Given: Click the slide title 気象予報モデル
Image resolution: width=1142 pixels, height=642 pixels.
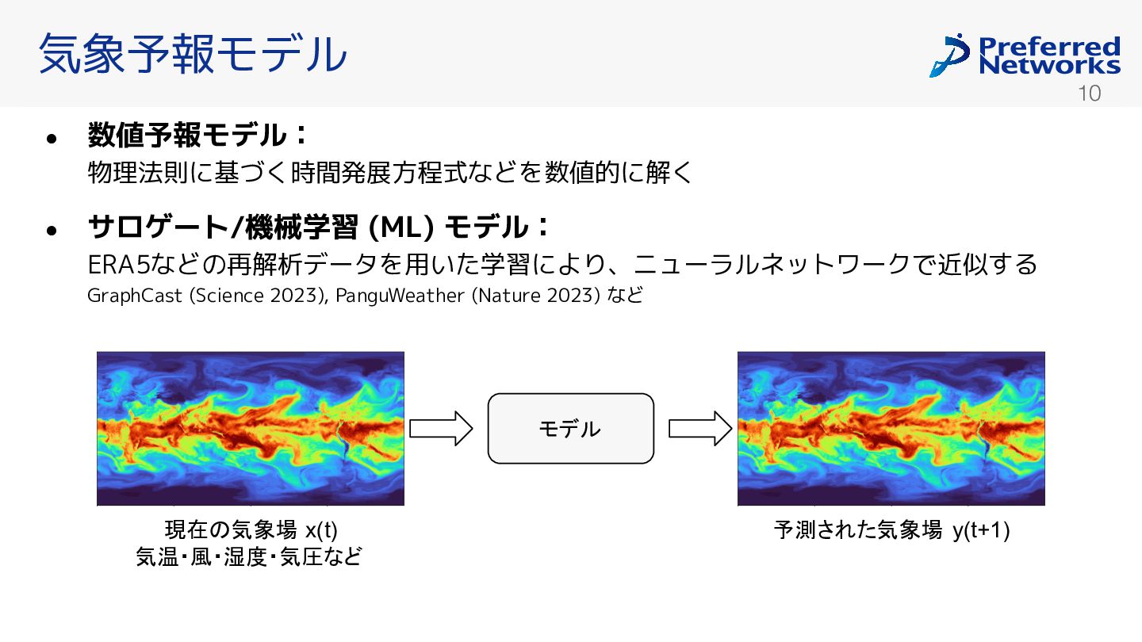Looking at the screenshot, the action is click(193, 54).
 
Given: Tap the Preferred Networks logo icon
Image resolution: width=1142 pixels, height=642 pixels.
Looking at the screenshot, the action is click(949, 55).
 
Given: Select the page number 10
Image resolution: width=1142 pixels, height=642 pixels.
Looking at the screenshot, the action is click(1089, 94).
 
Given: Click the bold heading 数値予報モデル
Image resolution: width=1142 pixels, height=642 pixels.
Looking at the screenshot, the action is click(186, 135).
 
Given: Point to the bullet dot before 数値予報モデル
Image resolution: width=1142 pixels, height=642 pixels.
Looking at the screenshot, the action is click(51, 139).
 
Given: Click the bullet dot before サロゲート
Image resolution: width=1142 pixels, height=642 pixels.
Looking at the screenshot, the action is click(51, 231).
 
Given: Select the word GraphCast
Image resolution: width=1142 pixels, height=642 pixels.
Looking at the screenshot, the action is click(135, 296).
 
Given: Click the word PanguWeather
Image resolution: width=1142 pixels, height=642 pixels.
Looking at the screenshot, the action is click(400, 296).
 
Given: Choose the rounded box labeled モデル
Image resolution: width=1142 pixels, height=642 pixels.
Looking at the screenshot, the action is click(570, 429).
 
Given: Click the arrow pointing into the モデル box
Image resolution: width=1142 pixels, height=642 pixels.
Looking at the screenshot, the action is click(441, 429).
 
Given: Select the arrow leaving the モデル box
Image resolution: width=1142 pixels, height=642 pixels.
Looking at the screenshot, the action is click(700, 429).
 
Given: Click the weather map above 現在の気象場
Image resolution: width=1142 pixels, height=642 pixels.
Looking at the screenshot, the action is click(251, 429).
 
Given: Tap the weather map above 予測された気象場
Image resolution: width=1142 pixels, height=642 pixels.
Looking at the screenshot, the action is click(891, 429).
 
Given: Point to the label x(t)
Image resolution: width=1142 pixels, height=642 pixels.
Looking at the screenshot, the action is click(321, 530).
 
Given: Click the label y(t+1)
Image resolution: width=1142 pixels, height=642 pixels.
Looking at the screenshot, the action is click(982, 531).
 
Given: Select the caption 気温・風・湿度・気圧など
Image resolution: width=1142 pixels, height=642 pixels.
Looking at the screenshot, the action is click(249, 556).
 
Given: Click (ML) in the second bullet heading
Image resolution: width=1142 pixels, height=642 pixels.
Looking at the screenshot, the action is click(400, 227).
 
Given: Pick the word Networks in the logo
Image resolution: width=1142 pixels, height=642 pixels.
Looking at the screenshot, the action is click(1049, 65).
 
